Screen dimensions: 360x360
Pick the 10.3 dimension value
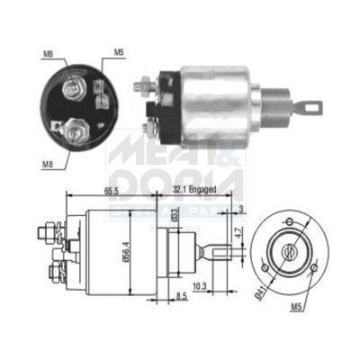(199, 285)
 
